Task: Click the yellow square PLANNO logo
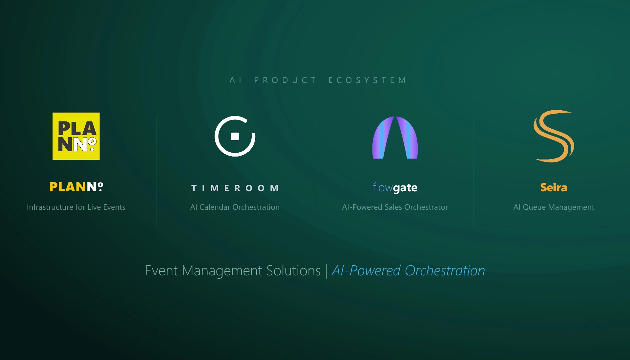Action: click(76, 136)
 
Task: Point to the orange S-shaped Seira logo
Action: click(554, 136)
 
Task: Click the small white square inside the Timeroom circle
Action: click(235, 136)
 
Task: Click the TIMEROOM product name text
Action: click(235, 188)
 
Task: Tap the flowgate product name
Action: click(395, 188)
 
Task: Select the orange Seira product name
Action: click(554, 187)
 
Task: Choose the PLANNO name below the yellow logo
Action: click(76, 187)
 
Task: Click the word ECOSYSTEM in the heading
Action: click(367, 80)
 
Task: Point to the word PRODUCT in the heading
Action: click(285, 80)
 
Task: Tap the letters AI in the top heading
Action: click(236, 80)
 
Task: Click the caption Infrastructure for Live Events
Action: click(76, 207)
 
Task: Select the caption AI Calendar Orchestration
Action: click(235, 207)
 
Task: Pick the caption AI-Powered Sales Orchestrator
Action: click(395, 207)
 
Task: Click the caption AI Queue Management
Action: click(554, 207)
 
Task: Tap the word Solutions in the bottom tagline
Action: click(293, 271)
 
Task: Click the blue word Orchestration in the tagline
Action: click(445, 271)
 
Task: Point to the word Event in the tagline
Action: click(161, 271)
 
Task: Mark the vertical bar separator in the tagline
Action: click(326, 271)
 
